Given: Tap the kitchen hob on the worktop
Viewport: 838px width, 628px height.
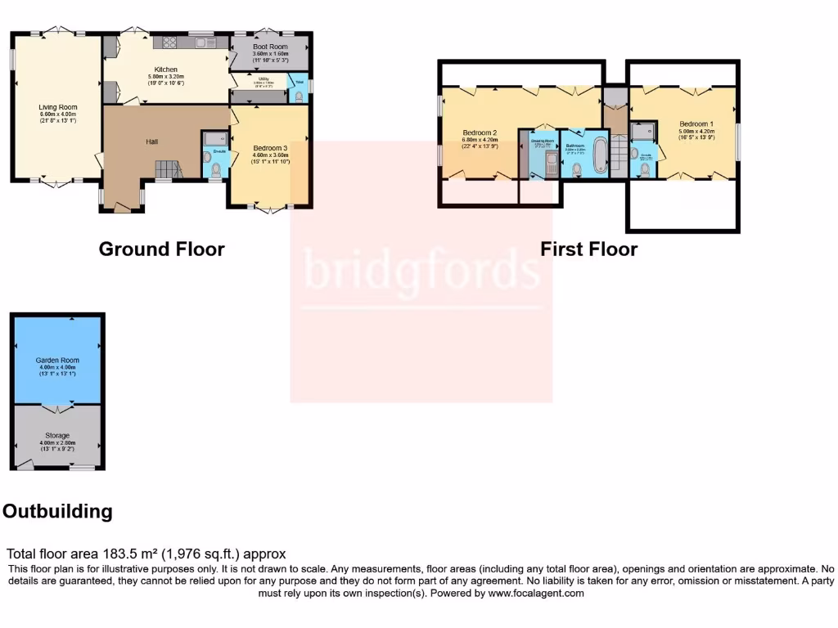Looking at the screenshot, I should click(x=171, y=43).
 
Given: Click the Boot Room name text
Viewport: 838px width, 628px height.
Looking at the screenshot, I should click(x=269, y=47).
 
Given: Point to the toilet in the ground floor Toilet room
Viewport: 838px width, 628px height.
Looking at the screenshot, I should click(x=300, y=96).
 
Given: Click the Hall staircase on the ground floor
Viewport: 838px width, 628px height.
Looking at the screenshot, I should click(x=167, y=168).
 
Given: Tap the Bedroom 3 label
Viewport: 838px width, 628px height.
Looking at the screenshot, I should click(x=270, y=148).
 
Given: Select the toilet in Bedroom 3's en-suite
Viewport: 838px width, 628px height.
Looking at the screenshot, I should click(x=215, y=170).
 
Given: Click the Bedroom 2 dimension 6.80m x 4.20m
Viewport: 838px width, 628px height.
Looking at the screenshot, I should click(x=480, y=140).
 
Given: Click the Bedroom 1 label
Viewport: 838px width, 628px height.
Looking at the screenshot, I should click(x=697, y=124).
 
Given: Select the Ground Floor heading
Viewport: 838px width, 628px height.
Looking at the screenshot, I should click(x=161, y=249).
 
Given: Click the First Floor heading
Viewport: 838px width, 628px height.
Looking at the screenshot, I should click(x=588, y=249).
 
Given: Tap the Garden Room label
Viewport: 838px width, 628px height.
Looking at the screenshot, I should click(x=57, y=360).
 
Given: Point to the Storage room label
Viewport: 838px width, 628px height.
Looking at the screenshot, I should click(x=57, y=436).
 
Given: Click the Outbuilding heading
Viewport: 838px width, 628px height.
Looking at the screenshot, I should click(x=57, y=512).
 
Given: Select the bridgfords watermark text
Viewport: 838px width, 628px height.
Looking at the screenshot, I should click(x=421, y=271).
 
